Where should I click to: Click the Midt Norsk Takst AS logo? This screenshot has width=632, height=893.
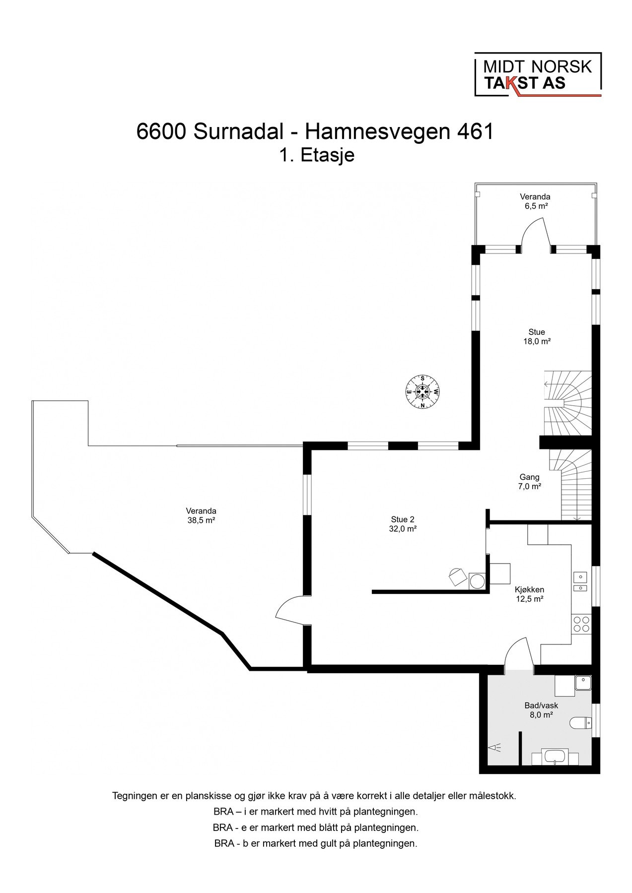tap(538, 74)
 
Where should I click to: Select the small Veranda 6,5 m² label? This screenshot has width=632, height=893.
tap(535, 201)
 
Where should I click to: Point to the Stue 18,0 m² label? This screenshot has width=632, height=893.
tap(537, 337)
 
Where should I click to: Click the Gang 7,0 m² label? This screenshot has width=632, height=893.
tap(529, 482)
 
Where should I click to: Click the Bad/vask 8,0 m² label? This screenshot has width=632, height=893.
tap(541, 710)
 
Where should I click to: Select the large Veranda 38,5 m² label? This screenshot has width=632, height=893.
tap(201, 515)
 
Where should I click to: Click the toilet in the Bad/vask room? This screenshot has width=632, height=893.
tap(581, 723)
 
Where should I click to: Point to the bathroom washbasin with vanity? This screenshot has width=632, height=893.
tap(555, 758)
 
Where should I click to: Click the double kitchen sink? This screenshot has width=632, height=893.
tap(580, 582)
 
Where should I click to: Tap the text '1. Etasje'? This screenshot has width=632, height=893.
tap(317, 155)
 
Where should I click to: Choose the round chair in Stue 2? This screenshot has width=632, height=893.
tap(456, 577)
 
